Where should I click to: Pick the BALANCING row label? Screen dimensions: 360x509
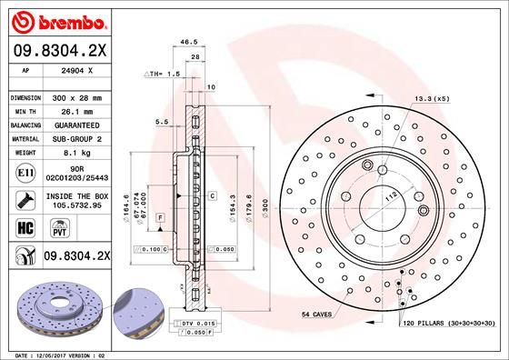coord(25,125)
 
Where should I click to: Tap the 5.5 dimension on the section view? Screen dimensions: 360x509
coord(160,121)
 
